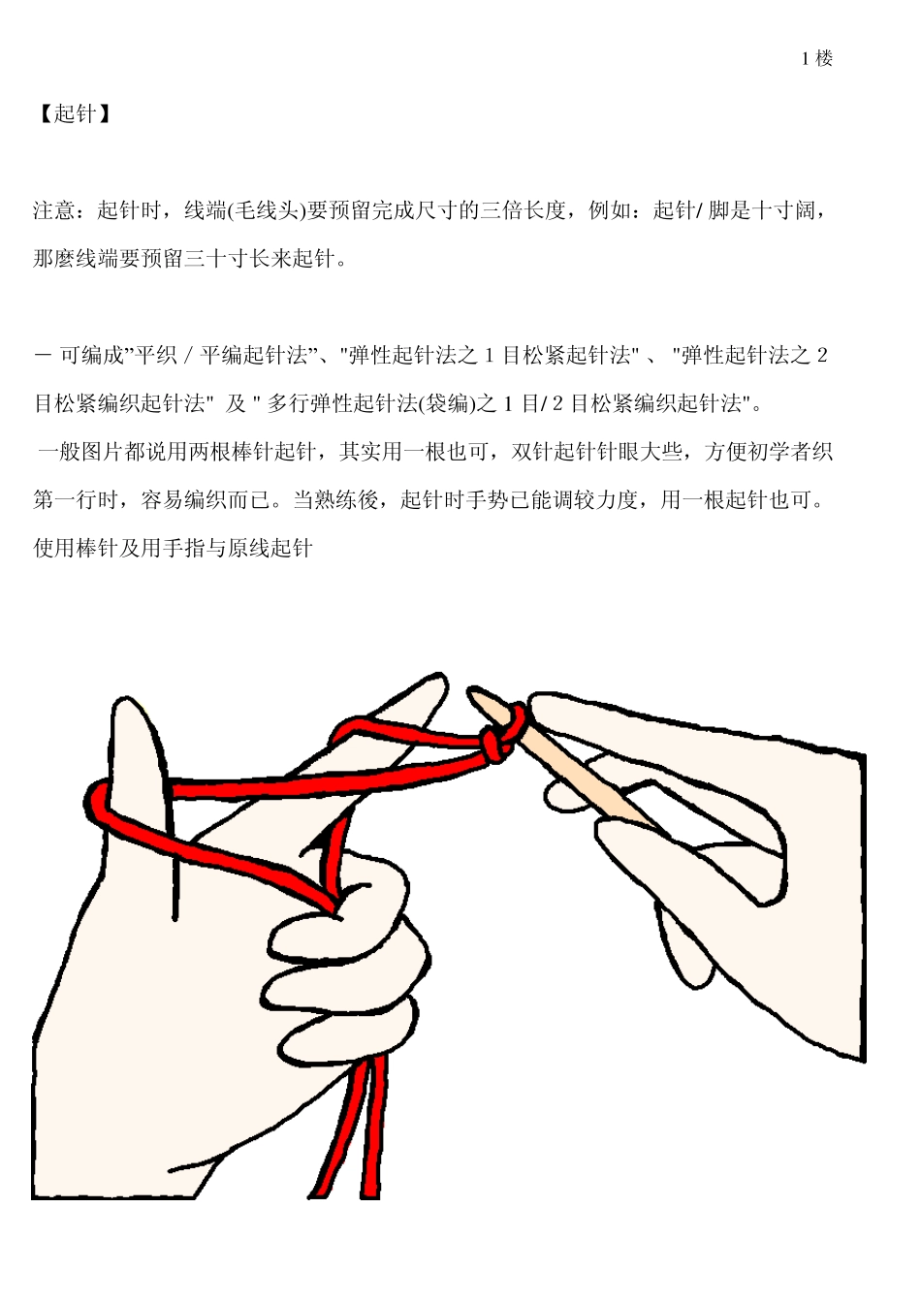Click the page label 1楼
point(816,58)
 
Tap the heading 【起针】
point(75,114)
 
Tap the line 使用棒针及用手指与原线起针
point(174,549)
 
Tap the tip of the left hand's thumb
point(131,713)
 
